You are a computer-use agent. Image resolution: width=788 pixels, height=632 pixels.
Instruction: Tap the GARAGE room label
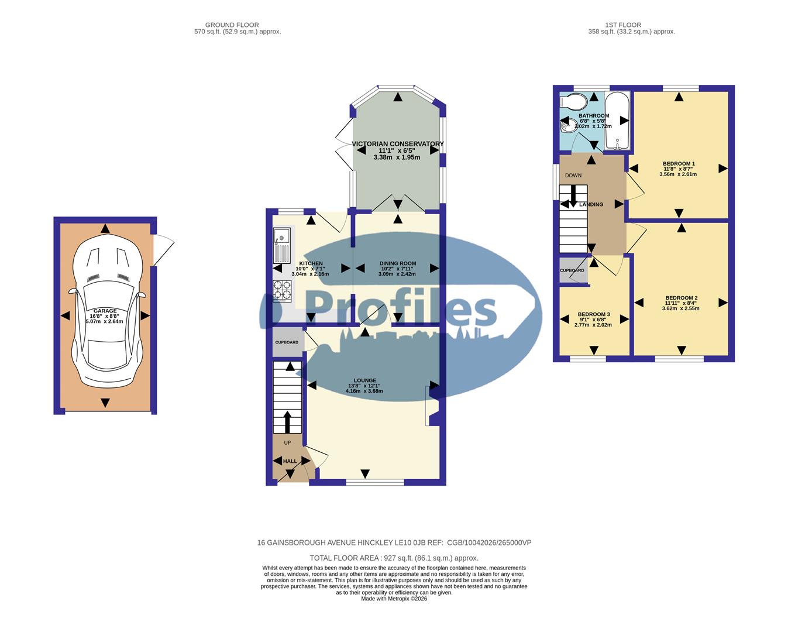pyautogui.click(x=105, y=311)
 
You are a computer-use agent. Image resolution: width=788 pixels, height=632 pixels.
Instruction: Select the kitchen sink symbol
pyautogui.click(x=281, y=246)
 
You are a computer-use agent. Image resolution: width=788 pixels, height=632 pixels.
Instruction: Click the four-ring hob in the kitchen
pyautogui.click(x=282, y=291)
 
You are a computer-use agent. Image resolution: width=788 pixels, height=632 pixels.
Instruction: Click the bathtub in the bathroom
pyautogui.click(x=617, y=121)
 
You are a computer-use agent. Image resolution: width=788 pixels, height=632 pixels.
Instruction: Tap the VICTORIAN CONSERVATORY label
pyautogui.click(x=397, y=144)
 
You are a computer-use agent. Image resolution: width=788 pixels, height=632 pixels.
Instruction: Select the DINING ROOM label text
pyautogui.click(x=397, y=263)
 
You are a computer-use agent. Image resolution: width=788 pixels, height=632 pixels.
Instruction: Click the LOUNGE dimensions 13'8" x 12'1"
pyautogui.click(x=364, y=386)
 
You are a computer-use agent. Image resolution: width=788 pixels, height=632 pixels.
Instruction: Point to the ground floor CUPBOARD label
pyautogui.click(x=287, y=342)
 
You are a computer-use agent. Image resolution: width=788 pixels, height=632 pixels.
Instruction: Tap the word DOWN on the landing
pyautogui.click(x=573, y=176)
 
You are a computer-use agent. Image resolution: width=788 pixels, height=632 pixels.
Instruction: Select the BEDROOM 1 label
pyautogui.click(x=679, y=164)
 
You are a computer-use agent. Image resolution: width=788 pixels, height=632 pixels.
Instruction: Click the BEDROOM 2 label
pyautogui.click(x=680, y=298)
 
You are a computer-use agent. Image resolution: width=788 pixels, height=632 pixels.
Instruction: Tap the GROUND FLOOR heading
pyautogui.click(x=229, y=25)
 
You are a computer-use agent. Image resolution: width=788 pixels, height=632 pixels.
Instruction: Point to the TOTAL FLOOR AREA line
pyautogui.click(x=394, y=558)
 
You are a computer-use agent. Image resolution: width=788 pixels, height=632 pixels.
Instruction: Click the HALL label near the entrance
pyautogui.click(x=290, y=461)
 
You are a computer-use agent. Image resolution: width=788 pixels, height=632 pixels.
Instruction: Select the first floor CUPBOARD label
pyautogui.click(x=572, y=270)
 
